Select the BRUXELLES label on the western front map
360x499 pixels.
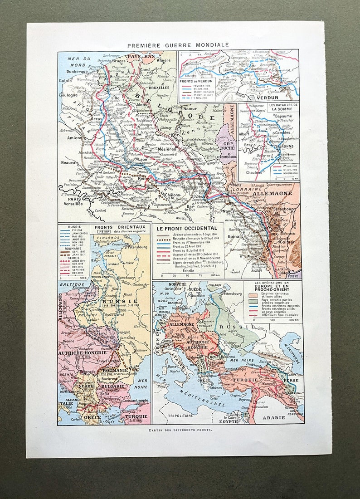157,88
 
